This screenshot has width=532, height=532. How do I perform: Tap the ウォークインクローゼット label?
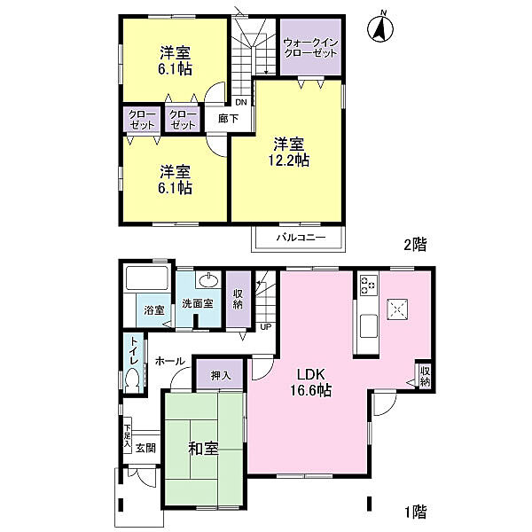tap(311, 46)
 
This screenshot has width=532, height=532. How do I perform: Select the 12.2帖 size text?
tap(290, 160)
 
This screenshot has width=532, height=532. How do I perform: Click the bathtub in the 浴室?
tap(146, 280)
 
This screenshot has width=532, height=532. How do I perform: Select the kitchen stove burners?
tap(368, 286)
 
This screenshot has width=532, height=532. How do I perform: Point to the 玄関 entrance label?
tap(146, 448)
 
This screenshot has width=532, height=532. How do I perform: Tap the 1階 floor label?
tap(415, 512)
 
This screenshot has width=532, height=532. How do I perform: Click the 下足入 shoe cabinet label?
tap(128, 435)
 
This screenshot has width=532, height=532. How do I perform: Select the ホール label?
tap(169, 362)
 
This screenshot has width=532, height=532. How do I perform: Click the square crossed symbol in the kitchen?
tap(396, 308)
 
